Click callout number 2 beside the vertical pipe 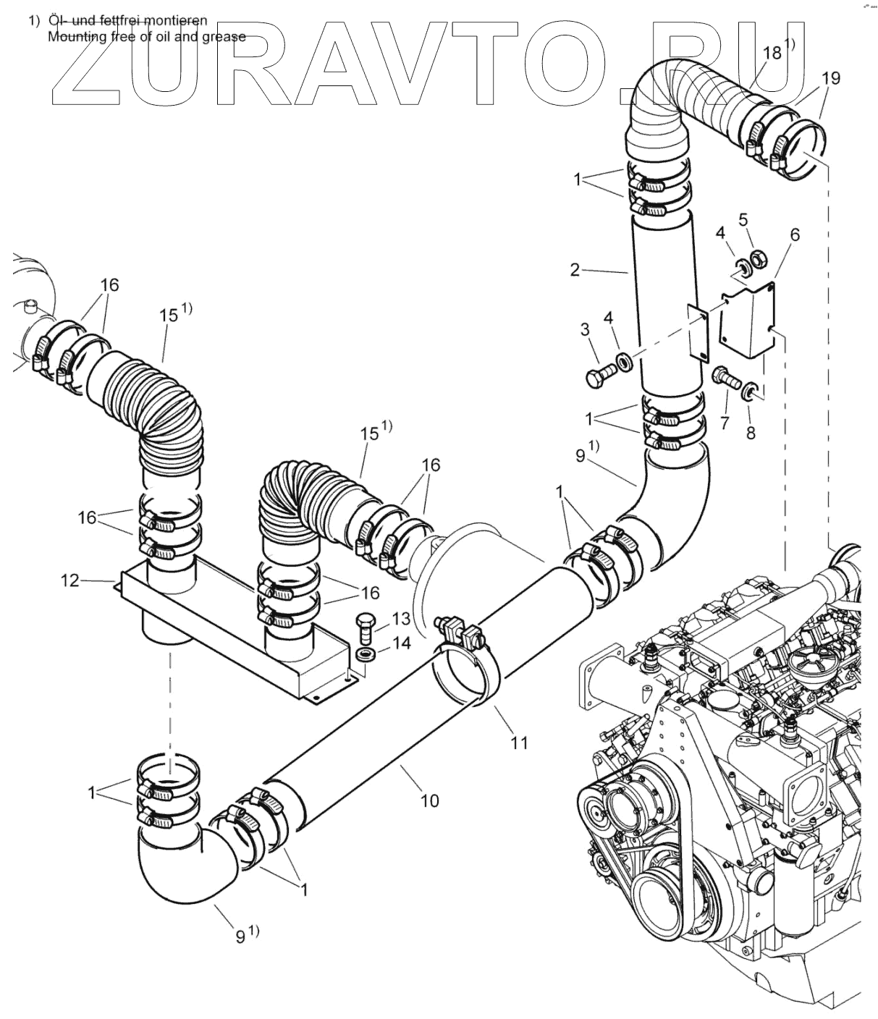pyautogui.click(x=575, y=270)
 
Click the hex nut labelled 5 pyautogui.click(x=758, y=257)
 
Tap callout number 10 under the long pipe pyautogui.click(x=429, y=800)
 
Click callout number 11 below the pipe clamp pyautogui.click(x=518, y=742)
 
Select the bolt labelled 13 pyautogui.click(x=365, y=626)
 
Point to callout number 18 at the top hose pyautogui.click(x=772, y=53)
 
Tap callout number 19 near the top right pyautogui.click(x=831, y=78)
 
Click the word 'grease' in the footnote pyautogui.click(x=221, y=36)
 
